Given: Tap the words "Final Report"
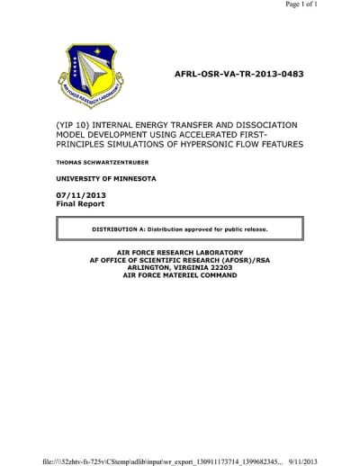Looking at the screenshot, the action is (80, 204).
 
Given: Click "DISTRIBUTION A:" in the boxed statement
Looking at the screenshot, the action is (118, 229).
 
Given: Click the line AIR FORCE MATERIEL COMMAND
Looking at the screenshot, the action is (180, 275).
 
